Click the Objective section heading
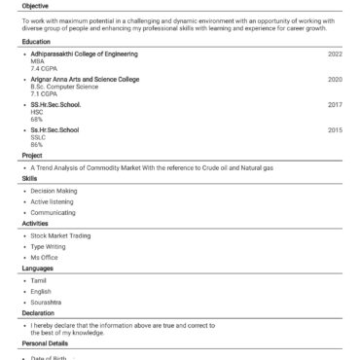(35, 6)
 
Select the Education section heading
(36, 42)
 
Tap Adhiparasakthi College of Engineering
(84, 54)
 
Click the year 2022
(334, 54)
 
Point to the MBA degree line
(37, 62)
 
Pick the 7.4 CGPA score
(43, 70)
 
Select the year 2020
(334, 79)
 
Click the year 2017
(334, 103)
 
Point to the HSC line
(37, 111)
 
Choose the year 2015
(334, 128)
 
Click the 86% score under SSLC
(36, 144)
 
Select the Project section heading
(32, 155)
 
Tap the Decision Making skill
(54, 191)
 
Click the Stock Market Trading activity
(60, 235)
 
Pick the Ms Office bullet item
(45, 257)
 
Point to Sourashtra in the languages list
(47, 302)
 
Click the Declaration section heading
(39, 313)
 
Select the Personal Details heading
(45, 343)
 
